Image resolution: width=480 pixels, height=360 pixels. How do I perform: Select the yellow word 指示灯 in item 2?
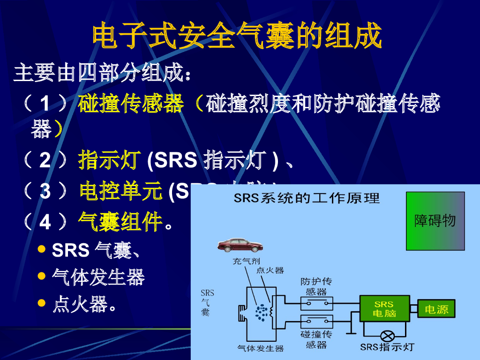[x=110, y=160]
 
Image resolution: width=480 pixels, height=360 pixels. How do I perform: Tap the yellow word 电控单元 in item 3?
[x=121, y=191]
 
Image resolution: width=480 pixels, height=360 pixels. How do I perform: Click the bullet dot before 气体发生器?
[x=42, y=277]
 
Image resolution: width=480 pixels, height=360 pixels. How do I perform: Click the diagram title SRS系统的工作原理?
[x=307, y=199]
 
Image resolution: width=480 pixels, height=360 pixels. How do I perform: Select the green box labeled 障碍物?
[x=435, y=221]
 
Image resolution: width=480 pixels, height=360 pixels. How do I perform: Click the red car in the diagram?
[x=240, y=244]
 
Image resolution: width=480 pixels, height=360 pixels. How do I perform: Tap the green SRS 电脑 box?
[x=384, y=308]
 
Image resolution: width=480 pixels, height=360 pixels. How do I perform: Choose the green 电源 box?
[x=436, y=309]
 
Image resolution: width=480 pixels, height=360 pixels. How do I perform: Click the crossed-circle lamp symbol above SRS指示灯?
[x=387, y=336]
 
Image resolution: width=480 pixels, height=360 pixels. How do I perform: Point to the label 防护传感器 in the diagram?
[x=316, y=286]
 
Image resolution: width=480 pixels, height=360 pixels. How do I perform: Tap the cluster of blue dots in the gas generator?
[x=261, y=312]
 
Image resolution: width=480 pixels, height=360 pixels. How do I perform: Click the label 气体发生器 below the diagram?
[x=261, y=348]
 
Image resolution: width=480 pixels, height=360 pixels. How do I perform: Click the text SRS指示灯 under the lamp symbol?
[x=387, y=347]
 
